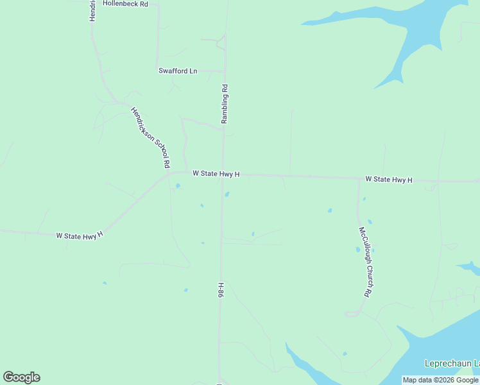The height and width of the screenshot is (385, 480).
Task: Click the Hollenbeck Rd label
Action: point(125,4)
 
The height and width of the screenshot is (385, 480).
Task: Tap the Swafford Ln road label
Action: point(178,71)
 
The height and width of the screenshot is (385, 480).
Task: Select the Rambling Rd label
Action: point(225,104)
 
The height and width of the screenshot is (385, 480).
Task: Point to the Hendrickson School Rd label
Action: point(150,138)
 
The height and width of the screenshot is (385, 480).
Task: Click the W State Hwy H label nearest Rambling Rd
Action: point(216,174)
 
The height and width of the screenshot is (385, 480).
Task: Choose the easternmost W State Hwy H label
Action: point(389,180)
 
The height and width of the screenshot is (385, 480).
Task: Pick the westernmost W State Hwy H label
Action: point(80,236)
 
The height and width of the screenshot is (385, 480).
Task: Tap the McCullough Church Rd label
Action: point(364,261)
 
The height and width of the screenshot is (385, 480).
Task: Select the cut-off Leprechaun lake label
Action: point(452,364)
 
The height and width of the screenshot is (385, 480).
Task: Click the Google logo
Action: point(21,377)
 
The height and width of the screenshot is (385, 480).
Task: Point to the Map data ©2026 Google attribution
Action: point(440,380)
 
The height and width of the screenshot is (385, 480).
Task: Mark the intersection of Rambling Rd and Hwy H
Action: point(223,174)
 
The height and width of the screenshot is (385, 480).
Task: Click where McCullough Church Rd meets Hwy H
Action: point(358,178)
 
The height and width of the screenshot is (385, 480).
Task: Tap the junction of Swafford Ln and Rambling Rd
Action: point(224,71)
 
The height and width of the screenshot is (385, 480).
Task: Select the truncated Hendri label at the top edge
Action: point(92,10)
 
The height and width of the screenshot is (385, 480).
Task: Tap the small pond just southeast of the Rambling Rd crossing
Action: point(227,195)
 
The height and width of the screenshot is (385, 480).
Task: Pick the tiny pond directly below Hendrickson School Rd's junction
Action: point(177,187)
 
